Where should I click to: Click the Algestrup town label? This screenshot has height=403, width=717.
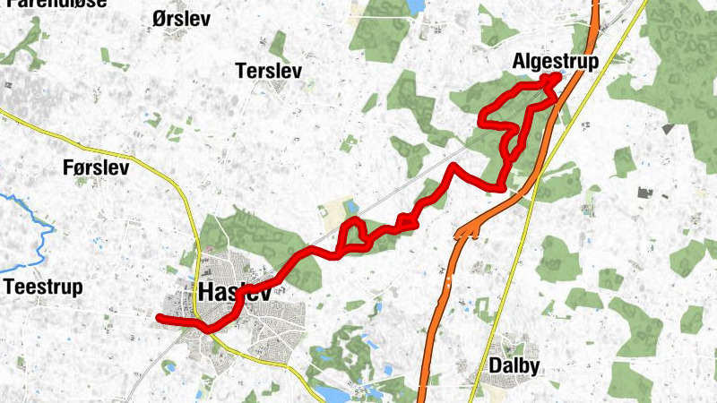point(555,61)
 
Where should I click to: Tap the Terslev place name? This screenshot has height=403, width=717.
point(267,71)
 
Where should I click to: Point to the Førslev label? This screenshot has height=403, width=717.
point(97,167)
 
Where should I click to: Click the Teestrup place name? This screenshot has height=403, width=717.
point(43,287)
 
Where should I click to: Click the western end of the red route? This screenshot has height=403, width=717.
point(160,318)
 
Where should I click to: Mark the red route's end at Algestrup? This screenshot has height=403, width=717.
point(556,78)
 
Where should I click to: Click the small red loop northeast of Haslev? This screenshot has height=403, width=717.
point(355,235)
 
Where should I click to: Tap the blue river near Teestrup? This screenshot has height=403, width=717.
point(39,235)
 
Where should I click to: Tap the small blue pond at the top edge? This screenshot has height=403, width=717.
point(414,5)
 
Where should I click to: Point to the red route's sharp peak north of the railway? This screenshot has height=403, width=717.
point(454,166)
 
